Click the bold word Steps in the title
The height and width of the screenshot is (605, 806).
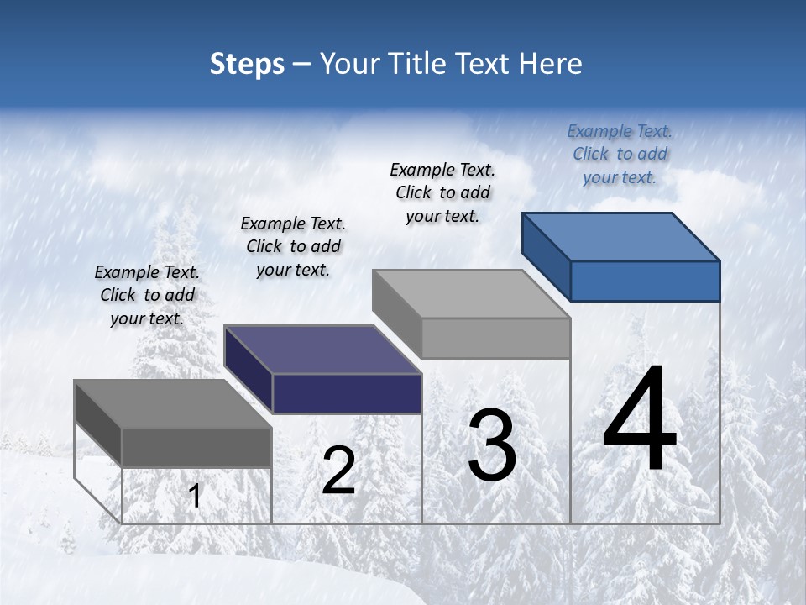[247, 64]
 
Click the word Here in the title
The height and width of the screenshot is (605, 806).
[551, 64]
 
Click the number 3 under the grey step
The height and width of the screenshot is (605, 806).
[492, 445]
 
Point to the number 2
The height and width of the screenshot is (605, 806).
[338, 471]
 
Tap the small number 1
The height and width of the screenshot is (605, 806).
[195, 497]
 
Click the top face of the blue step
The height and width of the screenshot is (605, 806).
[621, 237]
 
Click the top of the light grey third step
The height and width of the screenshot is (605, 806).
[471, 294]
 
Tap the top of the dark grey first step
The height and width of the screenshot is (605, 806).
[173, 404]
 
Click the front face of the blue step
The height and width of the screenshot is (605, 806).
[645, 281]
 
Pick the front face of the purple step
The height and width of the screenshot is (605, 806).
[347, 393]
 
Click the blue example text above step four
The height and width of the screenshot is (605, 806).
[620, 154]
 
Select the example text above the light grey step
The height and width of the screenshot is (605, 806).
[442, 192]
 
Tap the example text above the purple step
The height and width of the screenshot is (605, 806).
[293, 246]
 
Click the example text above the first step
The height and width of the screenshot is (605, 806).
[147, 295]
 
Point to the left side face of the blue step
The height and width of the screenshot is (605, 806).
[546, 256]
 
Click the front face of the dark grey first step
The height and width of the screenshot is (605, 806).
[197, 447]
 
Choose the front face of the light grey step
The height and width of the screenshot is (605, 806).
[495, 338]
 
